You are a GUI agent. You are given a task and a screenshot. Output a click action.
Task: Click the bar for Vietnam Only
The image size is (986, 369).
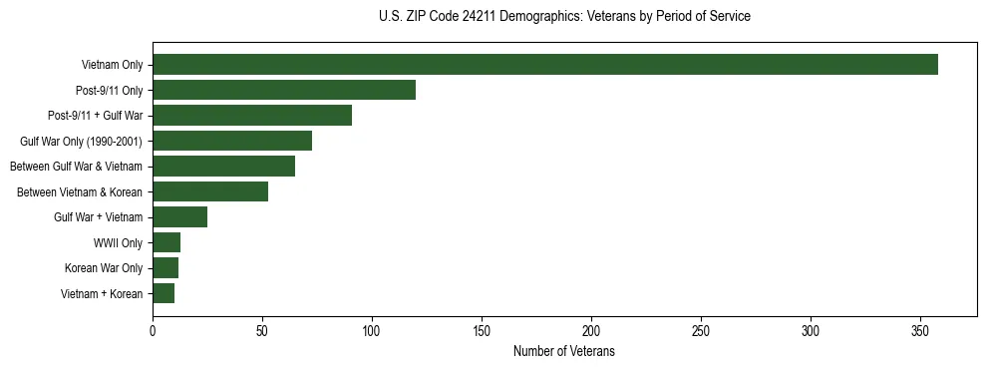545,65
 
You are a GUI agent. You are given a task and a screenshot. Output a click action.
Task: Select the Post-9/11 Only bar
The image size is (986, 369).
284,90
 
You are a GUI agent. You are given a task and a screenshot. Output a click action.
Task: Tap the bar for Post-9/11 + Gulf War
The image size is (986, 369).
252,116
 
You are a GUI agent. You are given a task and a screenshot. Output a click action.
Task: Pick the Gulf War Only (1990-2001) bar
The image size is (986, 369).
232,141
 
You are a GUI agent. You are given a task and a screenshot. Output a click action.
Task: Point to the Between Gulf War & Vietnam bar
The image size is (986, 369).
223,167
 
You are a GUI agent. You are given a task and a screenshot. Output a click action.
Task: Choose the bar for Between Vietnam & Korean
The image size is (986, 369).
210,191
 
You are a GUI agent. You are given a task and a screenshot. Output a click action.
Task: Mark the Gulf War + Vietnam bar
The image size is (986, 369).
179,216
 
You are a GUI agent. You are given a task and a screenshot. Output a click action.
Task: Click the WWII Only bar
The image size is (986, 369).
166,242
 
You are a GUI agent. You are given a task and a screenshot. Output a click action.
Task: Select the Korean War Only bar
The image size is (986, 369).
165,267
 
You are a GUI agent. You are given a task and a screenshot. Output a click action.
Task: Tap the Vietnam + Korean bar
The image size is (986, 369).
164,293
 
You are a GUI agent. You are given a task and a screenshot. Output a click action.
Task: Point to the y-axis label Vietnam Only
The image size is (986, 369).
112,65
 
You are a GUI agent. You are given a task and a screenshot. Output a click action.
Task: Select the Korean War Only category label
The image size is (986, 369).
104,267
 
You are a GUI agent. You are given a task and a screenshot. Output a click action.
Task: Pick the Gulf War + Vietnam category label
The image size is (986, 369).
99,216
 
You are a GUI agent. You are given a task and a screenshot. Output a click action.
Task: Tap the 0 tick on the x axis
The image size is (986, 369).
153,330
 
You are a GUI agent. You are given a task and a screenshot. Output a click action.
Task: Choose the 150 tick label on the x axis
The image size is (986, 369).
482,330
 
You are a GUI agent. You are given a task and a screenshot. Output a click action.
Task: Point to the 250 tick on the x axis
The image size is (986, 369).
701,330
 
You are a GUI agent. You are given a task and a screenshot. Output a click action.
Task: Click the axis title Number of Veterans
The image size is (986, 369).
563,351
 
